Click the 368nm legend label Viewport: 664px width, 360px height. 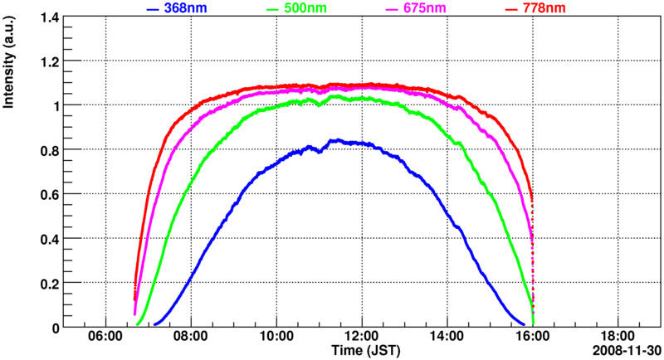[x=183, y=8]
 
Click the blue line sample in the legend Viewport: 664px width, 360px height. [x=152, y=8]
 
